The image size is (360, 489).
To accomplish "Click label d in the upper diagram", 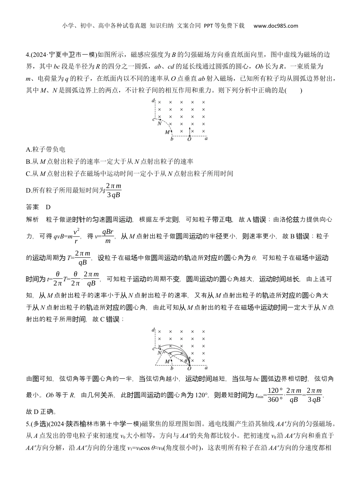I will click(152, 100).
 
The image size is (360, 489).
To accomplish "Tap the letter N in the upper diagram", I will click(160, 123).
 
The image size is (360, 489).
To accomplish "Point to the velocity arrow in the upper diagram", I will click(189, 131).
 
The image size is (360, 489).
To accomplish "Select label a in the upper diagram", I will click(206, 139).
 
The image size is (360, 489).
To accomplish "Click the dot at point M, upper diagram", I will click(172, 131).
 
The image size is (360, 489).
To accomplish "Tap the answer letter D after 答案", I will click(48, 207).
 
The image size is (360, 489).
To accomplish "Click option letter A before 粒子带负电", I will click(28, 149).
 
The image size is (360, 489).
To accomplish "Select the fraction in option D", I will click(113, 190).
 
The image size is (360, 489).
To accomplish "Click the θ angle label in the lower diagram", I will click(186, 360).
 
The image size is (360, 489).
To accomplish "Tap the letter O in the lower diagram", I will click(189, 368).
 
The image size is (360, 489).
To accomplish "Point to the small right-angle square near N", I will click(164, 352).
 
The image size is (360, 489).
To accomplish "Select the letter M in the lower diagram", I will click(167, 362).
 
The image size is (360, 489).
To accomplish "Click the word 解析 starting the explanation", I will click(32, 219).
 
